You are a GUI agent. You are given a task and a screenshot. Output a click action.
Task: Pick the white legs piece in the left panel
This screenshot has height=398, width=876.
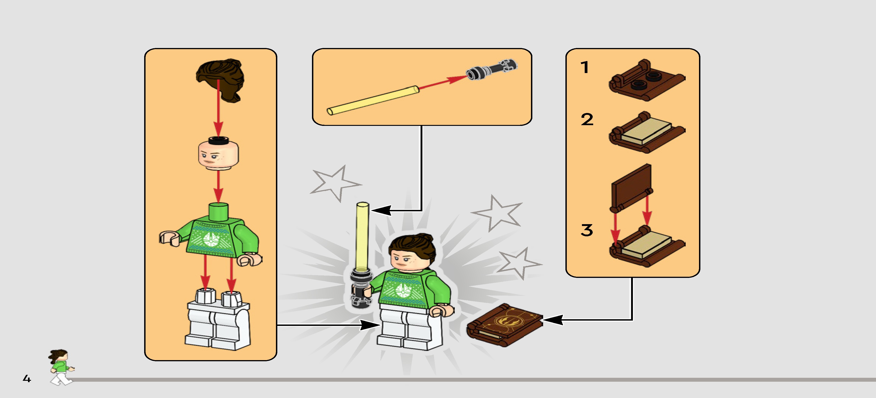point(218,320)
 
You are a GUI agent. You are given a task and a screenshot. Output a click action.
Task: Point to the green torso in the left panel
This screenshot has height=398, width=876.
point(211,235)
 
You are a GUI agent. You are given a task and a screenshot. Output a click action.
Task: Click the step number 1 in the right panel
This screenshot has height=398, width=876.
point(584,67)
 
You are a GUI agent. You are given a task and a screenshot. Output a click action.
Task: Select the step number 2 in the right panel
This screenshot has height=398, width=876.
point(587,119)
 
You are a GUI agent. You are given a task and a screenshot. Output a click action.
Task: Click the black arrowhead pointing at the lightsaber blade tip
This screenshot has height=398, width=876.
point(381,210)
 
